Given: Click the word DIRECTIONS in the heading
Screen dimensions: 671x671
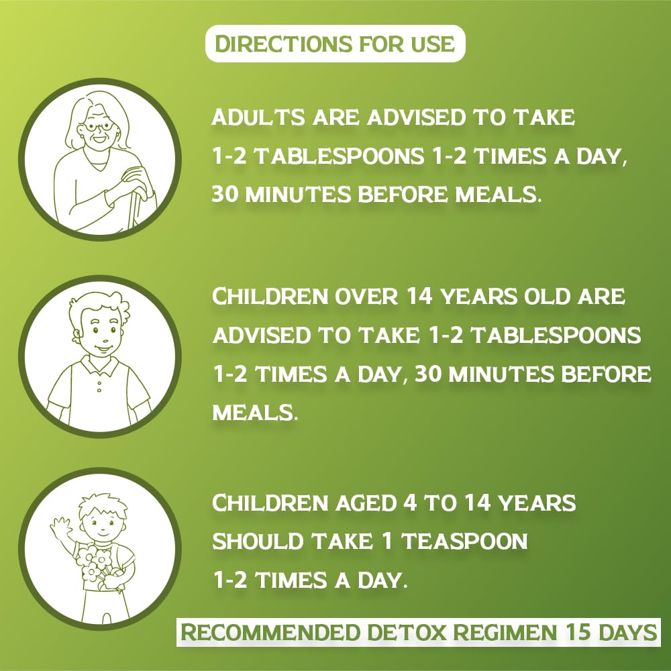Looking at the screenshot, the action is (283, 44).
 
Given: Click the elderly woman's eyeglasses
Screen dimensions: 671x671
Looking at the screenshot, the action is (99, 127).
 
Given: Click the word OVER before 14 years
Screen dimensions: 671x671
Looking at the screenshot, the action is (366, 296).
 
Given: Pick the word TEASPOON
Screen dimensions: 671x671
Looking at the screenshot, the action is (464, 541).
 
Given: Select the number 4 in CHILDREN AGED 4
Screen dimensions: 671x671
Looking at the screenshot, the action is (410, 503).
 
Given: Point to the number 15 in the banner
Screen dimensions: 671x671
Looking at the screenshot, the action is (578, 633).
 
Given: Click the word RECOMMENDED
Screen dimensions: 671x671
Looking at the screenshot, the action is (270, 633).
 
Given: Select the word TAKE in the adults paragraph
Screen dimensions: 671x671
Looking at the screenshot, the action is (544, 117).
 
